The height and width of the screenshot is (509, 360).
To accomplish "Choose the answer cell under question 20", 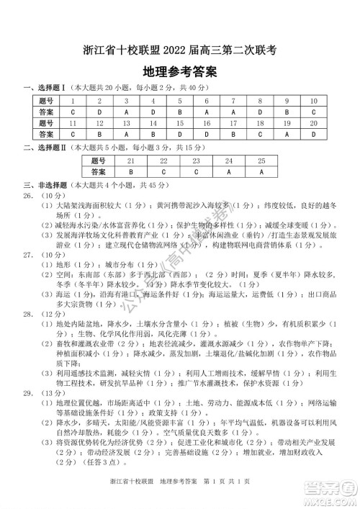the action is (312, 134).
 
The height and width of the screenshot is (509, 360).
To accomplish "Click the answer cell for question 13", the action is (126, 134).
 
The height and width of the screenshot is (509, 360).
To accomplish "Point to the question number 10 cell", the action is (312, 102).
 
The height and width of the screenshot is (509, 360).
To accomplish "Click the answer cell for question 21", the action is (131, 172).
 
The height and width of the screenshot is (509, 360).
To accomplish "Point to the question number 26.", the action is (30, 195).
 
